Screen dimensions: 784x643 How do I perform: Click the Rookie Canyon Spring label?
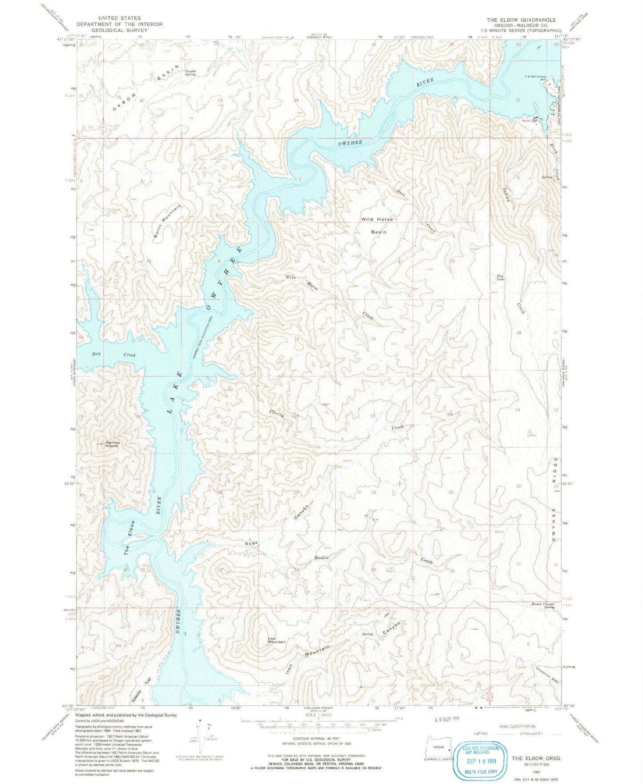click(x=543, y=605)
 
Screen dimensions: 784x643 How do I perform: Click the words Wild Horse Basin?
click(x=377, y=225)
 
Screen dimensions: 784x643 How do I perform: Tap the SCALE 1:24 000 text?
click(x=319, y=715)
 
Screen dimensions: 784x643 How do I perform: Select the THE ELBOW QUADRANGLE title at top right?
click(x=521, y=20)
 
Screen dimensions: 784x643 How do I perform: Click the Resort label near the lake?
click(x=528, y=119)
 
